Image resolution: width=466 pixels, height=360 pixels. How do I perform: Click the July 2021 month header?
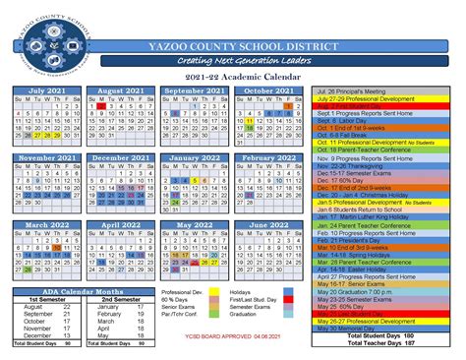click(x=48, y=90)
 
